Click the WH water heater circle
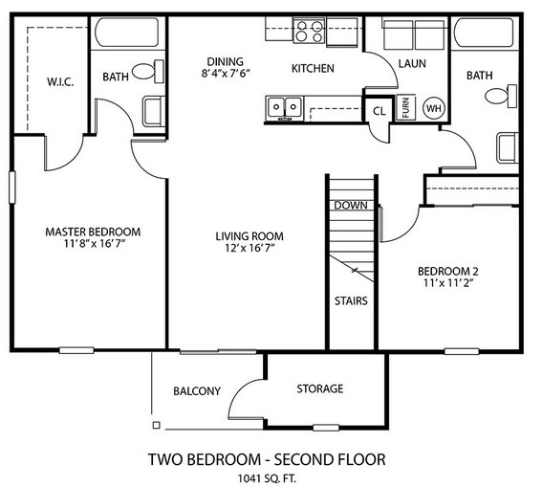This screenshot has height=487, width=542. (434, 108)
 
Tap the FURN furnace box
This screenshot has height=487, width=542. (405, 107)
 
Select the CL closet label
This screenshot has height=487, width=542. (379, 111)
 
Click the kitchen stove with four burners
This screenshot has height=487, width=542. (309, 32)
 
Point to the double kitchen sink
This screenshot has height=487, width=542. (285, 107)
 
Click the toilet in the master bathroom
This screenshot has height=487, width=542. (148, 71)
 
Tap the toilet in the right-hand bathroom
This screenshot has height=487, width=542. (501, 96)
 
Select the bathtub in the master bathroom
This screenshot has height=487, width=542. (127, 33)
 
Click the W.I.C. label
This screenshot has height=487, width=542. (60, 82)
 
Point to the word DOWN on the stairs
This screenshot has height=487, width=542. (351, 206)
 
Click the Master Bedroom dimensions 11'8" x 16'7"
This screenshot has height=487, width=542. (94, 243)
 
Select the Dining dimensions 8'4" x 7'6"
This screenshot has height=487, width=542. (226, 73)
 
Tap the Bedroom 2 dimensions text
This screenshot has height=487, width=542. (448, 283)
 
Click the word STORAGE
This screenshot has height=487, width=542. (320, 388)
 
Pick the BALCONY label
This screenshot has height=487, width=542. (197, 391)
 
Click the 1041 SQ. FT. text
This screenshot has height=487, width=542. (267, 478)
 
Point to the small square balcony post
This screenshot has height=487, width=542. (156, 425)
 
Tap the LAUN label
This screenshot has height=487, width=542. (412, 64)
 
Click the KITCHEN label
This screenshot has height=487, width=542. (313, 69)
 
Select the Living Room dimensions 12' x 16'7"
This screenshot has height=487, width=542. (249, 248)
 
